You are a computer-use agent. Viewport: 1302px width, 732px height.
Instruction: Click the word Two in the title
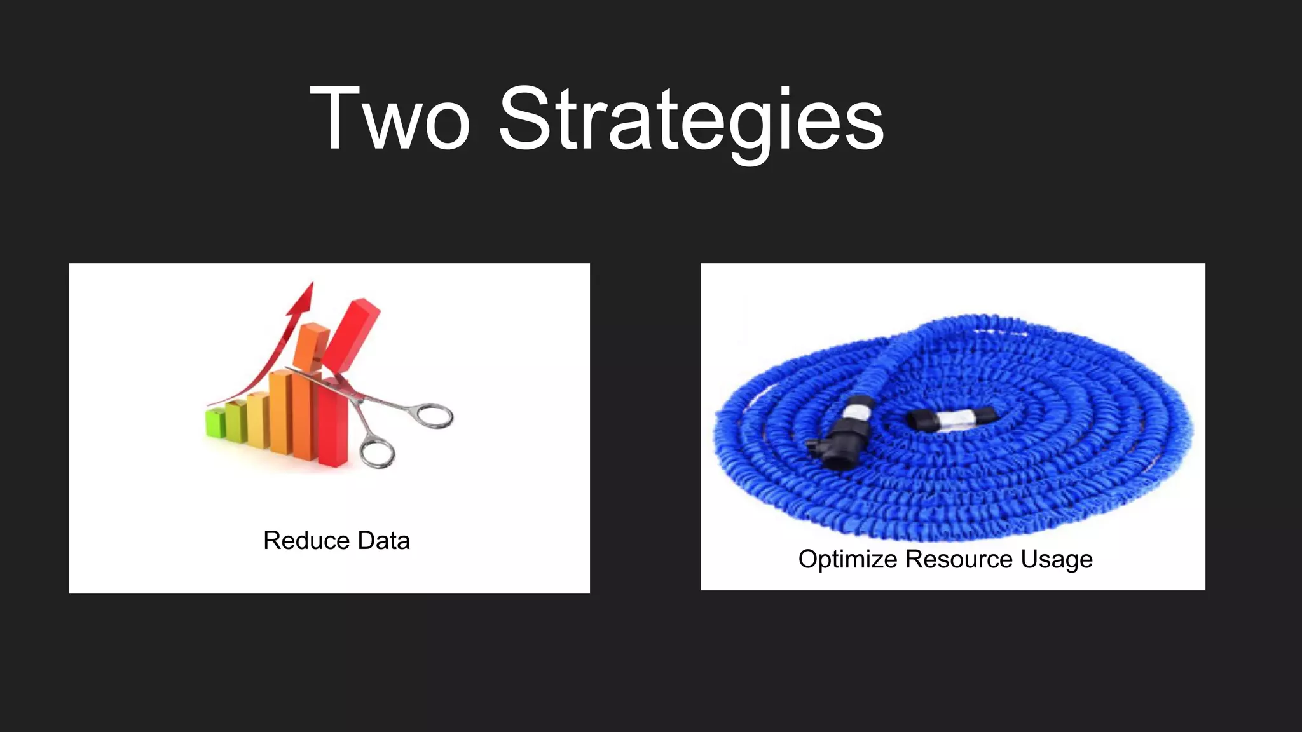389,119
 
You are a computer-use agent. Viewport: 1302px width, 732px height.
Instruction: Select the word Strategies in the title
691,121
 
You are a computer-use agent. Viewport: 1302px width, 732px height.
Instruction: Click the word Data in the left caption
383,541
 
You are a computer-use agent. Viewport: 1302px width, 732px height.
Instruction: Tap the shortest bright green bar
216,423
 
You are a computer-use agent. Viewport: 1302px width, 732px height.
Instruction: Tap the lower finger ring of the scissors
377,452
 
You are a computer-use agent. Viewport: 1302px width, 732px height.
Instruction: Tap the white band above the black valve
859,407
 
